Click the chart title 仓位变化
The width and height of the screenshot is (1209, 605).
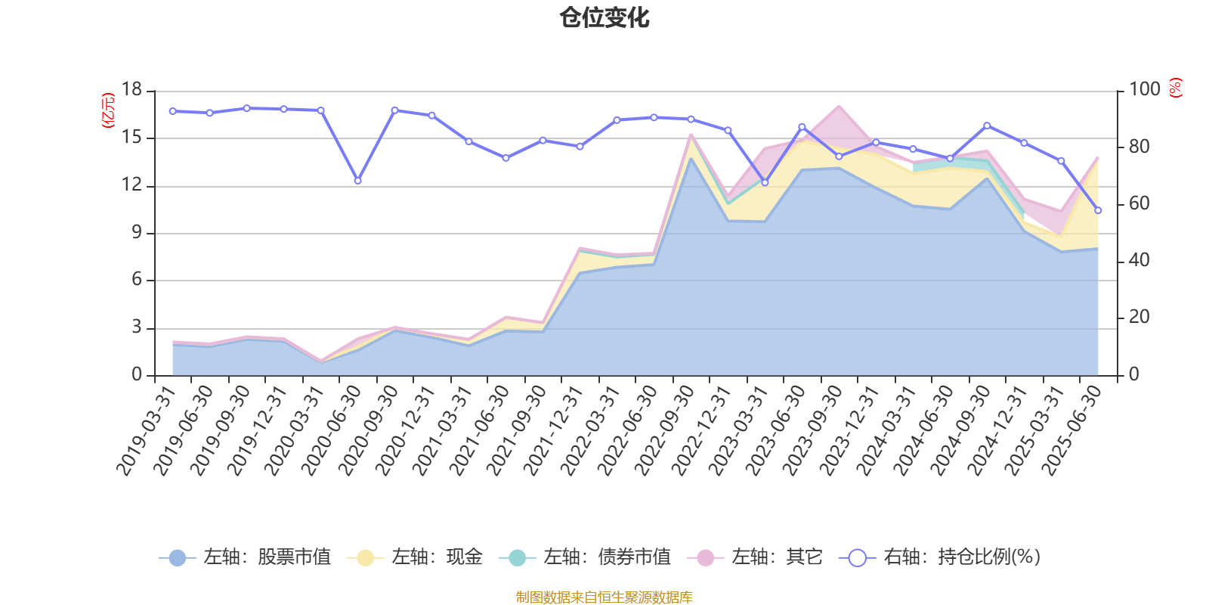pos(604,17)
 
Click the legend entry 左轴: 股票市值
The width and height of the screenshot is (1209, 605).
pos(245,557)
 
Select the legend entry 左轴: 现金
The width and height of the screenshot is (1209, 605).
pos(415,557)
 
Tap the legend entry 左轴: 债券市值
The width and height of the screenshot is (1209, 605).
pos(585,557)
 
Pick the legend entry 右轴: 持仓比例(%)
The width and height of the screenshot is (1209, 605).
pos(940,557)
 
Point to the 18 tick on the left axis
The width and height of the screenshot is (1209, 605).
pos(132,90)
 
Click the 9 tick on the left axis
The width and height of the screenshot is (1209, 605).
pos(137,233)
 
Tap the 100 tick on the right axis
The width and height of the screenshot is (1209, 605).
pos(1144,90)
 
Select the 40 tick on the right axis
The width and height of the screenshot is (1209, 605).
pos(1139,261)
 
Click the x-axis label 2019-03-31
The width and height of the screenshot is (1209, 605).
pos(146,430)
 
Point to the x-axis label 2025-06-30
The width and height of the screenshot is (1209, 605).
pos(1071,430)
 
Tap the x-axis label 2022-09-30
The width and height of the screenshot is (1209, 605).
pos(664,430)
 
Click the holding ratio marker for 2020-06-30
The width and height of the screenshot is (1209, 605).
pos(357,181)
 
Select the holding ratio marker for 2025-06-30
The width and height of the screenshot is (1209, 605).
pos(1098,210)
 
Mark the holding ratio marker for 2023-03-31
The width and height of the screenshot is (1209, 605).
pos(765,182)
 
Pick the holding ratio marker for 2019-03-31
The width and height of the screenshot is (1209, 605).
pos(172,111)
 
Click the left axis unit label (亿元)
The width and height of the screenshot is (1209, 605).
pos(107,110)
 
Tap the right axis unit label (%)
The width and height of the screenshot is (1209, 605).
pos(1175,88)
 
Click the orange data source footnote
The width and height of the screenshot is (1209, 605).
pos(604,597)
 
